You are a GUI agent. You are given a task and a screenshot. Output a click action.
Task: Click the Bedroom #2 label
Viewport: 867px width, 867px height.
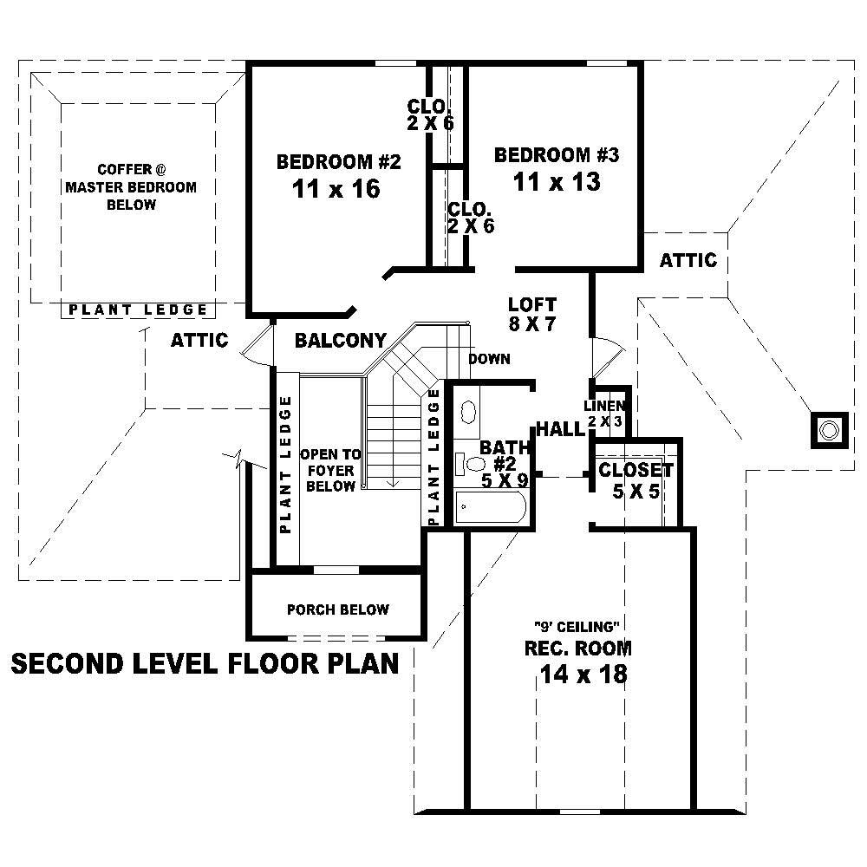(x=338, y=162)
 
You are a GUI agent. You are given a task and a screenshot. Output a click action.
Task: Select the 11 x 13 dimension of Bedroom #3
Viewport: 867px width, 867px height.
(x=556, y=182)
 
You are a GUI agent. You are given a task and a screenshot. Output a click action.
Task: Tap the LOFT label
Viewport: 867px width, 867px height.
(x=531, y=305)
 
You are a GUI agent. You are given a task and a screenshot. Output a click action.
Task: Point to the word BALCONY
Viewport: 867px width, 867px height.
(x=340, y=340)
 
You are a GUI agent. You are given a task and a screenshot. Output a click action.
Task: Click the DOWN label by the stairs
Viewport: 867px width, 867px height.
(x=489, y=359)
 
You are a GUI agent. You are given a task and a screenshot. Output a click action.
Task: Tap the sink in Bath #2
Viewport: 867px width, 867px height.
(x=466, y=411)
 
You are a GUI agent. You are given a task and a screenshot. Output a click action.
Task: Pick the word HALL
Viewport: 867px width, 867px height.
(x=559, y=429)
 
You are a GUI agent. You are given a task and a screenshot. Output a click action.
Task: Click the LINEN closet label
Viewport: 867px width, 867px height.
(x=604, y=406)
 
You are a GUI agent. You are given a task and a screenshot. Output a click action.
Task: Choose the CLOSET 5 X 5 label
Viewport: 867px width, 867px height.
(x=636, y=471)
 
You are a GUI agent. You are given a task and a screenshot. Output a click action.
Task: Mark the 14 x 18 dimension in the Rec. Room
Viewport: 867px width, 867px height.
(x=582, y=674)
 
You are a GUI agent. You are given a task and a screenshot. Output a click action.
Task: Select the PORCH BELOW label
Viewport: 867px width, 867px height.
(x=337, y=610)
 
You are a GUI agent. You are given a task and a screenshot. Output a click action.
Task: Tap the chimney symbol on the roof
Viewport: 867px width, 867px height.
(x=829, y=429)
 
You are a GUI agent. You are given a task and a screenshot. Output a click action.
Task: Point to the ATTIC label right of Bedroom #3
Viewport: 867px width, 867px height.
(x=688, y=260)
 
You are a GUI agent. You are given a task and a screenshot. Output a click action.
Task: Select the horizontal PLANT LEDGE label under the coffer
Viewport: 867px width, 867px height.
(x=138, y=310)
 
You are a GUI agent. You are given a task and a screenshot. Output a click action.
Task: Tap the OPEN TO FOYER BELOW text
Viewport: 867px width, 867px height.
(x=328, y=471)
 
